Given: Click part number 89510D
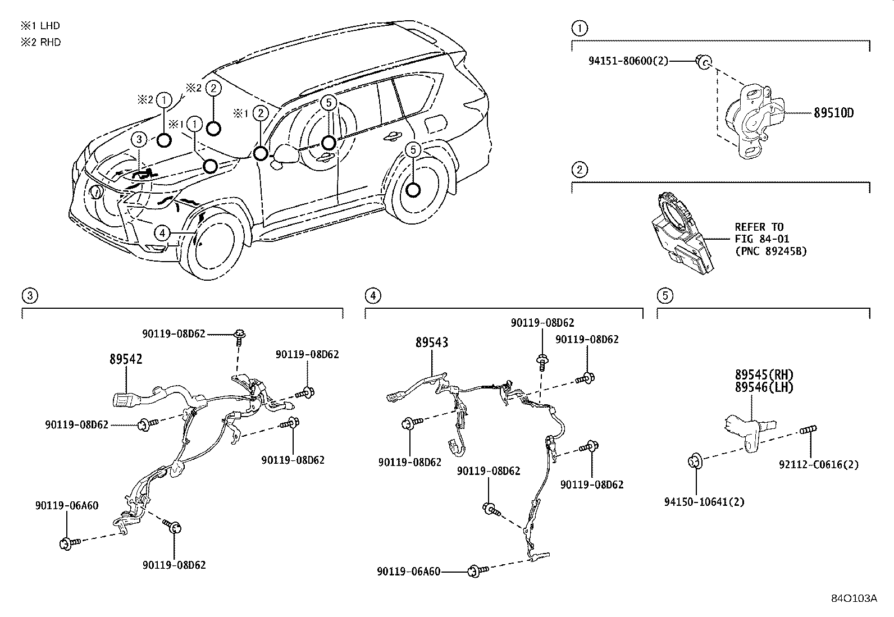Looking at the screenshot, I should (x=833, y=113).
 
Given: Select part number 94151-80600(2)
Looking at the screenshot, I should (x=628, y=61).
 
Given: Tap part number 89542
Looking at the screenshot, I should (x=126, y=359).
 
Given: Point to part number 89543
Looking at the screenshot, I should (x=432, y=342).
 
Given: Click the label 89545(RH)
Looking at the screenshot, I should (x=764, y=374).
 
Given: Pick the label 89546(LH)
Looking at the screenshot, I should (x=764, y=387).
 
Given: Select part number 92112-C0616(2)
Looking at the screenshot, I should (x=818, y=465).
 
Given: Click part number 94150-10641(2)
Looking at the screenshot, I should (x=704, y=502).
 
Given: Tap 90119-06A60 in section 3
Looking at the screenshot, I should (x=66, y=505).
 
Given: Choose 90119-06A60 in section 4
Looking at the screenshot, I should (x=408, y=572).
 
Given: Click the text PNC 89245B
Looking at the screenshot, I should (x=770, y=252).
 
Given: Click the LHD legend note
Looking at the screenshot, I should (x=40, y=26).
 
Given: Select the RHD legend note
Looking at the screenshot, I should (x=40, y=42).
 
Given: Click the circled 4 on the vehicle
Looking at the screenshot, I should (x=162, y=232).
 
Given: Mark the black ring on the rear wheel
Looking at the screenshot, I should (x=413, y=190).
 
